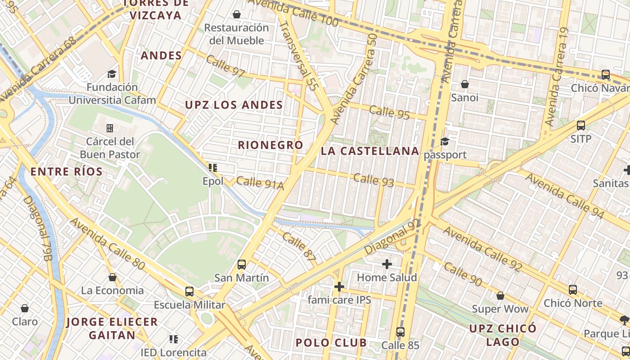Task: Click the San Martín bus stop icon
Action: (242, 264)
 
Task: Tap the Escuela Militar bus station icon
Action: (189, 291)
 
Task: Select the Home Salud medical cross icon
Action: (387, 264)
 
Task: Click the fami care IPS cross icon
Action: (339, 286)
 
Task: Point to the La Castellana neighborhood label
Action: (370, 151)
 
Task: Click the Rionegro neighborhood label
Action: (270, 145)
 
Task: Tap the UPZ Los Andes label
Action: (234, 105)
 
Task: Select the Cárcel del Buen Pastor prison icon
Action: (110, 128)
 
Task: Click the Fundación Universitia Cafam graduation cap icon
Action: (112, 74)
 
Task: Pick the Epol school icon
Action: (213, 168)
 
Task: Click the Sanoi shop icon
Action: (464, 84)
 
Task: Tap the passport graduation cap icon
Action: (445, 141)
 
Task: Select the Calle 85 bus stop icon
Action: (400, 332)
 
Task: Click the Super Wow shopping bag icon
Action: (500, 296)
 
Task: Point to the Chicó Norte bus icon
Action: (572, 290)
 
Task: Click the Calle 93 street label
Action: (373, 180)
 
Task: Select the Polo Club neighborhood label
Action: (331, 343)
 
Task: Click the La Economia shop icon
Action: (112, 277)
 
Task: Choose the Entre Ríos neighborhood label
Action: (67, 172)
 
